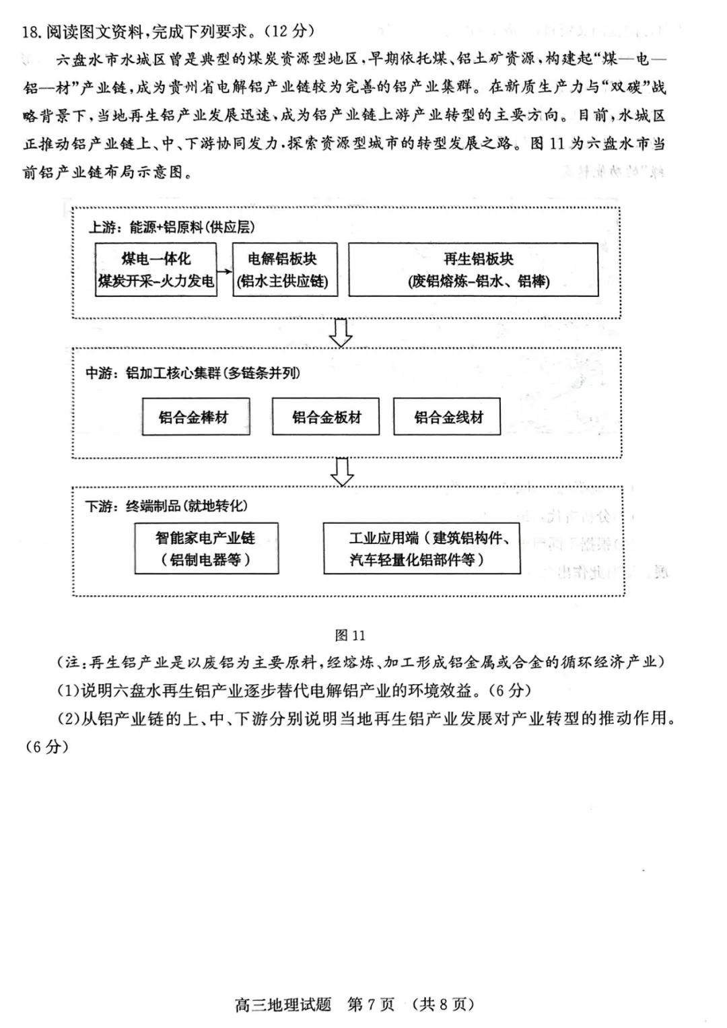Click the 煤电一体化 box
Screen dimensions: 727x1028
click(155, 270)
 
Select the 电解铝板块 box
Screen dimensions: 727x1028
click(282, 270)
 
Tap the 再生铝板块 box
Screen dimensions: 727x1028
click(473, 270)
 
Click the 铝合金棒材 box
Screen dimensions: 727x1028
click(195, 417)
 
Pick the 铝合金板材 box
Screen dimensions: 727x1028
click(326, 417)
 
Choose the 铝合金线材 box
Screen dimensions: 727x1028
click(448, 417)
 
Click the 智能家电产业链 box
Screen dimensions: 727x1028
click(206, 549)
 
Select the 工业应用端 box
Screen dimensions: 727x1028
click(421, 549)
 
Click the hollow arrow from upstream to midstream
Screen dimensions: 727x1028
click(341, 333)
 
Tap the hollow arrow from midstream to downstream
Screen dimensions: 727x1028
click(343, 471)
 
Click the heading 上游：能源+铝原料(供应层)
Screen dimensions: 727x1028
click(172, 228)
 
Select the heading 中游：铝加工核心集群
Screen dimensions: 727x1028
click(193, 373)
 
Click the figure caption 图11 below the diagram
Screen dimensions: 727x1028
click(349, 636)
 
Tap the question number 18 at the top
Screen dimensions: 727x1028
click(31, 32)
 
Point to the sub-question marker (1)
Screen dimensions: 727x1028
click(69, 690)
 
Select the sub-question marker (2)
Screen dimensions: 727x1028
click(69, 718)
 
